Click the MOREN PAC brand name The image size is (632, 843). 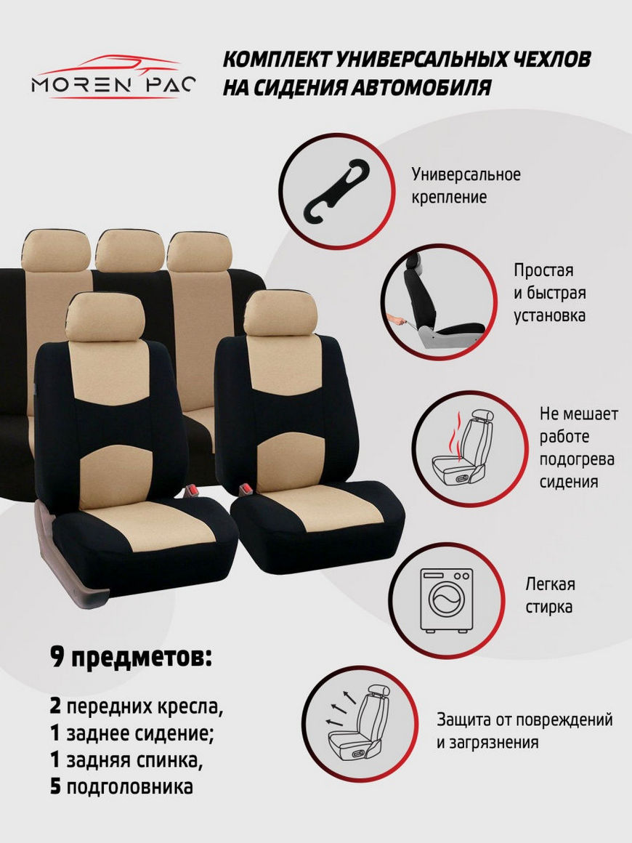coord(113,85)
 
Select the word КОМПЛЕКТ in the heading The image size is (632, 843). coord(277,59)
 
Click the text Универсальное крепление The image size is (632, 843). coord(466,185)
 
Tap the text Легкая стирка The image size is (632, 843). coord(550,595)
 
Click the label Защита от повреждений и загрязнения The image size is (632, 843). coord(524,730)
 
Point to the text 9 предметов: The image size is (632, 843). coord(131,657)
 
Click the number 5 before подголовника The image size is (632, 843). coord(55,786)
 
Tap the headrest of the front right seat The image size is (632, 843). coord(280,313)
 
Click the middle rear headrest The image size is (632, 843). coord(129,250)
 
